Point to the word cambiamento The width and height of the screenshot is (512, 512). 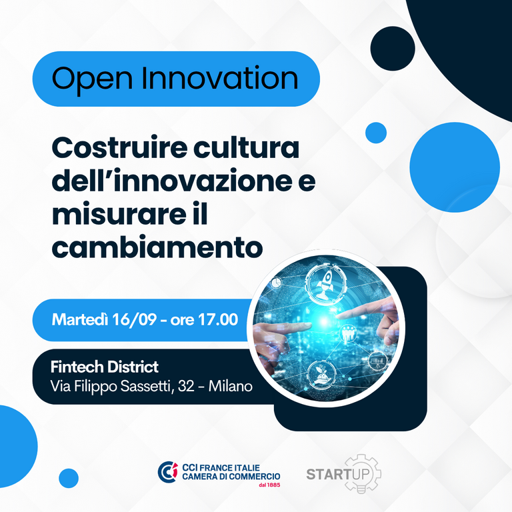pos(157,247)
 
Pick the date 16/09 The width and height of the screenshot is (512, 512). pos(135,319)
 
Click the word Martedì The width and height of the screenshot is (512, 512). pos(80,319)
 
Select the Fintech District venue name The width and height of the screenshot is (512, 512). pos(105,367)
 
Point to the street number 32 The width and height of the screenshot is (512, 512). pos(186,386)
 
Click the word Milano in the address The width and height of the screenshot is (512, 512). pos(230,386)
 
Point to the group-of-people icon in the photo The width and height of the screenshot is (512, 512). pos(349,333)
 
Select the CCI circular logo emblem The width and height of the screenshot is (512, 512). pos(168,472)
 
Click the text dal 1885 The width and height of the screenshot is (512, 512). pos(269,485)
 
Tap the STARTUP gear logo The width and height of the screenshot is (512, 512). pos(344,474)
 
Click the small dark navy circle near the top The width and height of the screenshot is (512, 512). pos(393,48)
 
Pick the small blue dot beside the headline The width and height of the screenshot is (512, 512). pos(376,133)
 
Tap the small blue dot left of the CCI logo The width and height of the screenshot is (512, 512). pos(69,479)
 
